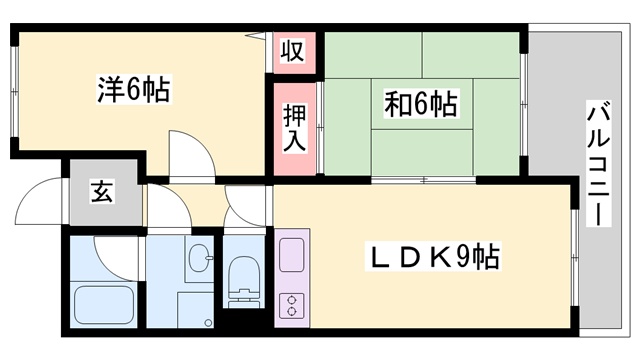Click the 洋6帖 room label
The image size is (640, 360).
tap(133, 90)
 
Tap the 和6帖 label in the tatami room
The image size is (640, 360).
tap(421, 104)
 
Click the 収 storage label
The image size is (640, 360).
tap(291, 50)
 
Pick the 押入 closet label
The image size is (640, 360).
tap(294, 127)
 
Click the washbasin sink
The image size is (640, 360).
tap(197, 258)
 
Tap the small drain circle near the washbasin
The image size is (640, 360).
tap(209, 261)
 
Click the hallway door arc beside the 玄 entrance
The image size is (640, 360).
tap(162, 205)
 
